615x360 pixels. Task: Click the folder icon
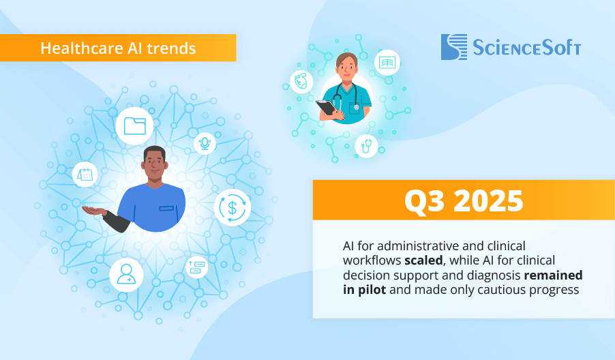click(x=134, y=126)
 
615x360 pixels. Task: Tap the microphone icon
click(x=205, y=143)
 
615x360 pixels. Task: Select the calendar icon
click(x=85, y=174)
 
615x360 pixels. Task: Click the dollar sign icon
click(x=232, y=207)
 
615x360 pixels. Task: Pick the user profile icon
click(x=126, y=274)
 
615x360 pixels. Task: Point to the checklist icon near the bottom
click(x=197, y=267)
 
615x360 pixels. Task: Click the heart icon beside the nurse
click(x=301, y=82)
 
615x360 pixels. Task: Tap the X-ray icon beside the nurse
click(x=387, y=62)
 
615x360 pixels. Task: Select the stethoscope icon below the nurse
click(x=366, y=145)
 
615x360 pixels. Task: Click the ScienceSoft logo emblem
click(x=454, y=47)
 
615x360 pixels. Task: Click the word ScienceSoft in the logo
click(x=526, y=48)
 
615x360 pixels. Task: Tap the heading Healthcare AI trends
click(x=118, y=48)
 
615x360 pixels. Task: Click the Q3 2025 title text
click(x=464, y=200)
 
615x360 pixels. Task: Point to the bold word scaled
click(x=423, y=260)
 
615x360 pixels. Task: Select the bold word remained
click(x=554, y=275)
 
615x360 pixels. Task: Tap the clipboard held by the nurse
click(x=327, y=107)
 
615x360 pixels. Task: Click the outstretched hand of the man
click(x=93, y=211)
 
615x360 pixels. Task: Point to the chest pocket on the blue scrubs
click(x=166, y=208)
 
